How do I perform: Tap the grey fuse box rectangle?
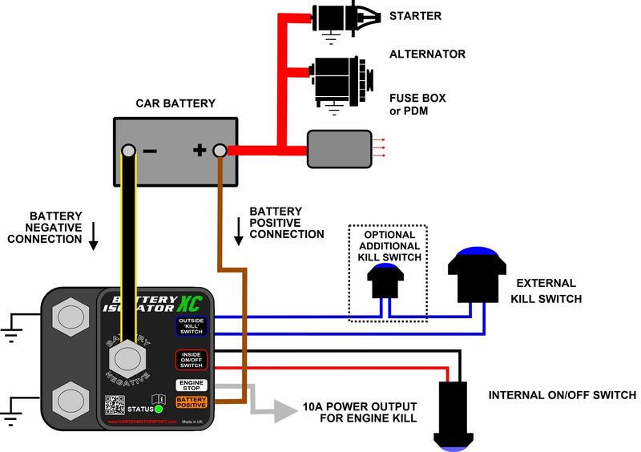click(339, 149)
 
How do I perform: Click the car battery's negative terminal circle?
click(128, 151)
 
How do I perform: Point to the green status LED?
click(159, 409)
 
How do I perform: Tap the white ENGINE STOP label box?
click(191, 385)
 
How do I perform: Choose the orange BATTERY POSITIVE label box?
click(191, 402)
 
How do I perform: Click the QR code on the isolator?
click(117, 404)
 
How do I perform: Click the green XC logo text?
click(188, 300)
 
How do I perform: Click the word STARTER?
click(415, 16)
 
